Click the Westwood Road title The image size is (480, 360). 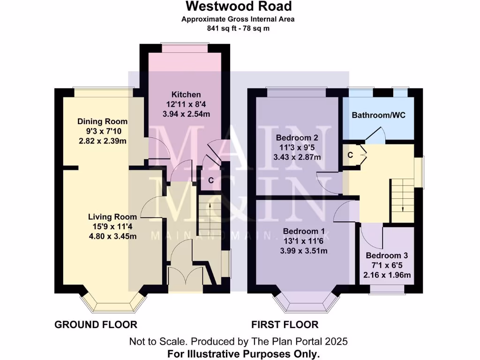click(x=239, y=7)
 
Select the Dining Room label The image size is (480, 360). click(x=102, y=121)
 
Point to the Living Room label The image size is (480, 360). click(x=112, y=217)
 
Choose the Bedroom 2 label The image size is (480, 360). click(x=297, y=138)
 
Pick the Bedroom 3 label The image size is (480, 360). click(x=387, y=256)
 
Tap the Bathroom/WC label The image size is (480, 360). click(x=379, y=115)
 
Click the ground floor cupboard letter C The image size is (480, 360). click(x=211, y=180)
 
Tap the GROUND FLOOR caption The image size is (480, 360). click(x=96, y=325)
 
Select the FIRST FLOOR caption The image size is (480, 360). click(x=285, y=325)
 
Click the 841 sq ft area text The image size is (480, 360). click(x=239, y=28)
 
